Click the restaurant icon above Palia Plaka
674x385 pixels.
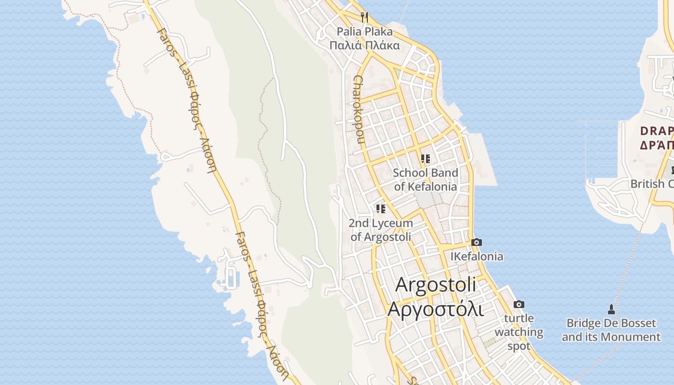[364, 17]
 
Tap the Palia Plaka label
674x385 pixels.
[364, 32]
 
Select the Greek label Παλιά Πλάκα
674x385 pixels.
[364, 46]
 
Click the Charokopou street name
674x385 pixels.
[359, 109]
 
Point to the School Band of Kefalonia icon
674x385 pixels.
[425, 158]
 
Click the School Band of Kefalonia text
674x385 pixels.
[425, 180]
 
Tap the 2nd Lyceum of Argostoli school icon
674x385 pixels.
[381, 209]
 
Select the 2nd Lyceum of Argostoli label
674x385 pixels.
[381, 230]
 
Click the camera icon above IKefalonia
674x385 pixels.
[477, 242]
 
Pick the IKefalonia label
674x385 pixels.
[477, 257]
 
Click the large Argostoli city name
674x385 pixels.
[435, 284]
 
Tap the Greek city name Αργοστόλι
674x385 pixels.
[435, 309]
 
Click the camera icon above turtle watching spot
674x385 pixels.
[518, 304]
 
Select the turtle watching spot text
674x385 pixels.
[519, 332]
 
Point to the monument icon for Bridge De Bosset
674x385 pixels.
[611, 309]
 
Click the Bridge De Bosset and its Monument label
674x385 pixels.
[611, 330]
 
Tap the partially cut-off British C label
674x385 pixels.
[652, 184]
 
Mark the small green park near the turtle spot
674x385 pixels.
[489, 343]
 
